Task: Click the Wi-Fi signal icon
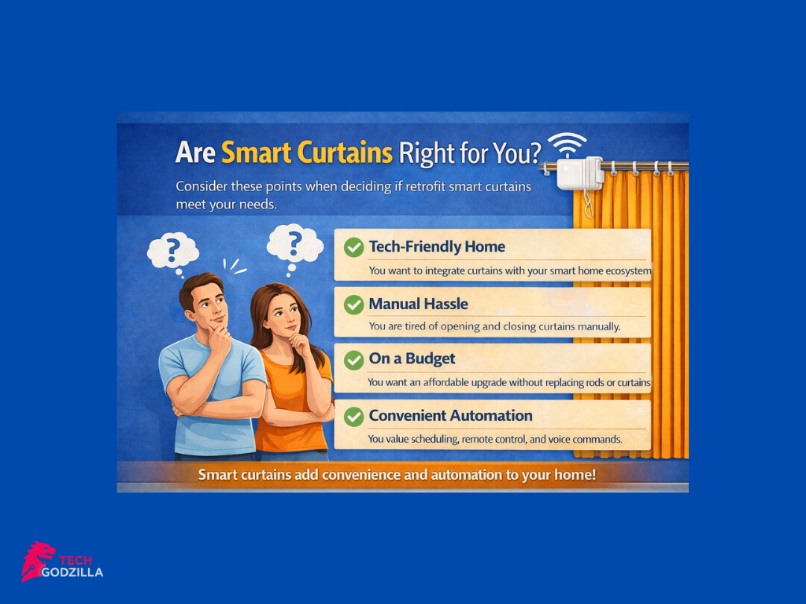click(568, 146)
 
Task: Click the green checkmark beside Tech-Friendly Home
click(354, 247)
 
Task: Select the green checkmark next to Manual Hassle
click(354, 304)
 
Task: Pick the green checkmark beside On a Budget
click(354, 359)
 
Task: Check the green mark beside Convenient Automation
click(354, 416)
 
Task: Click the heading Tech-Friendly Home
click(437, 247)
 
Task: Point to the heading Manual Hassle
click(419, 304)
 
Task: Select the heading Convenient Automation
click(450, 415)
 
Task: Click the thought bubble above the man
click(172, 251)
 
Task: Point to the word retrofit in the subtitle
click(430, 187)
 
